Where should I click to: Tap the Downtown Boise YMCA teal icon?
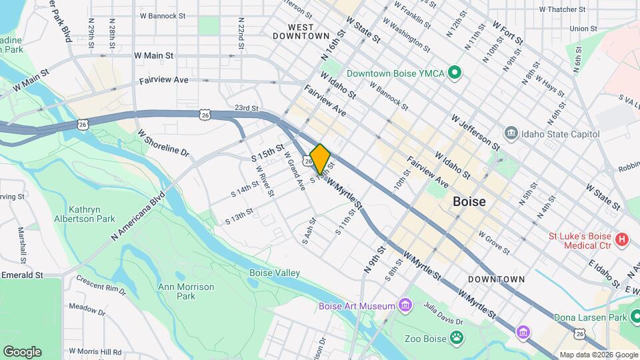pyautogui.click(x=455, y=72)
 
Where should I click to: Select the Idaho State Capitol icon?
pyautogui.click(x=512, y=134)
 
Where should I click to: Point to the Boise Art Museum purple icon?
pyautogui.click(x=404, y=305)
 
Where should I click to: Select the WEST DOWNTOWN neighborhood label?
pyautogui.click(x=301, y=31)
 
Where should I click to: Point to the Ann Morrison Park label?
pyautogui.click(x=185, y=291)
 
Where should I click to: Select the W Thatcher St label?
pyautogui.click(x=561, y=9)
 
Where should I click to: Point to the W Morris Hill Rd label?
pyautogui.click(x=93, y=351)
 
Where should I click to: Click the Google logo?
pyautogui.click(x=22, y=351)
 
